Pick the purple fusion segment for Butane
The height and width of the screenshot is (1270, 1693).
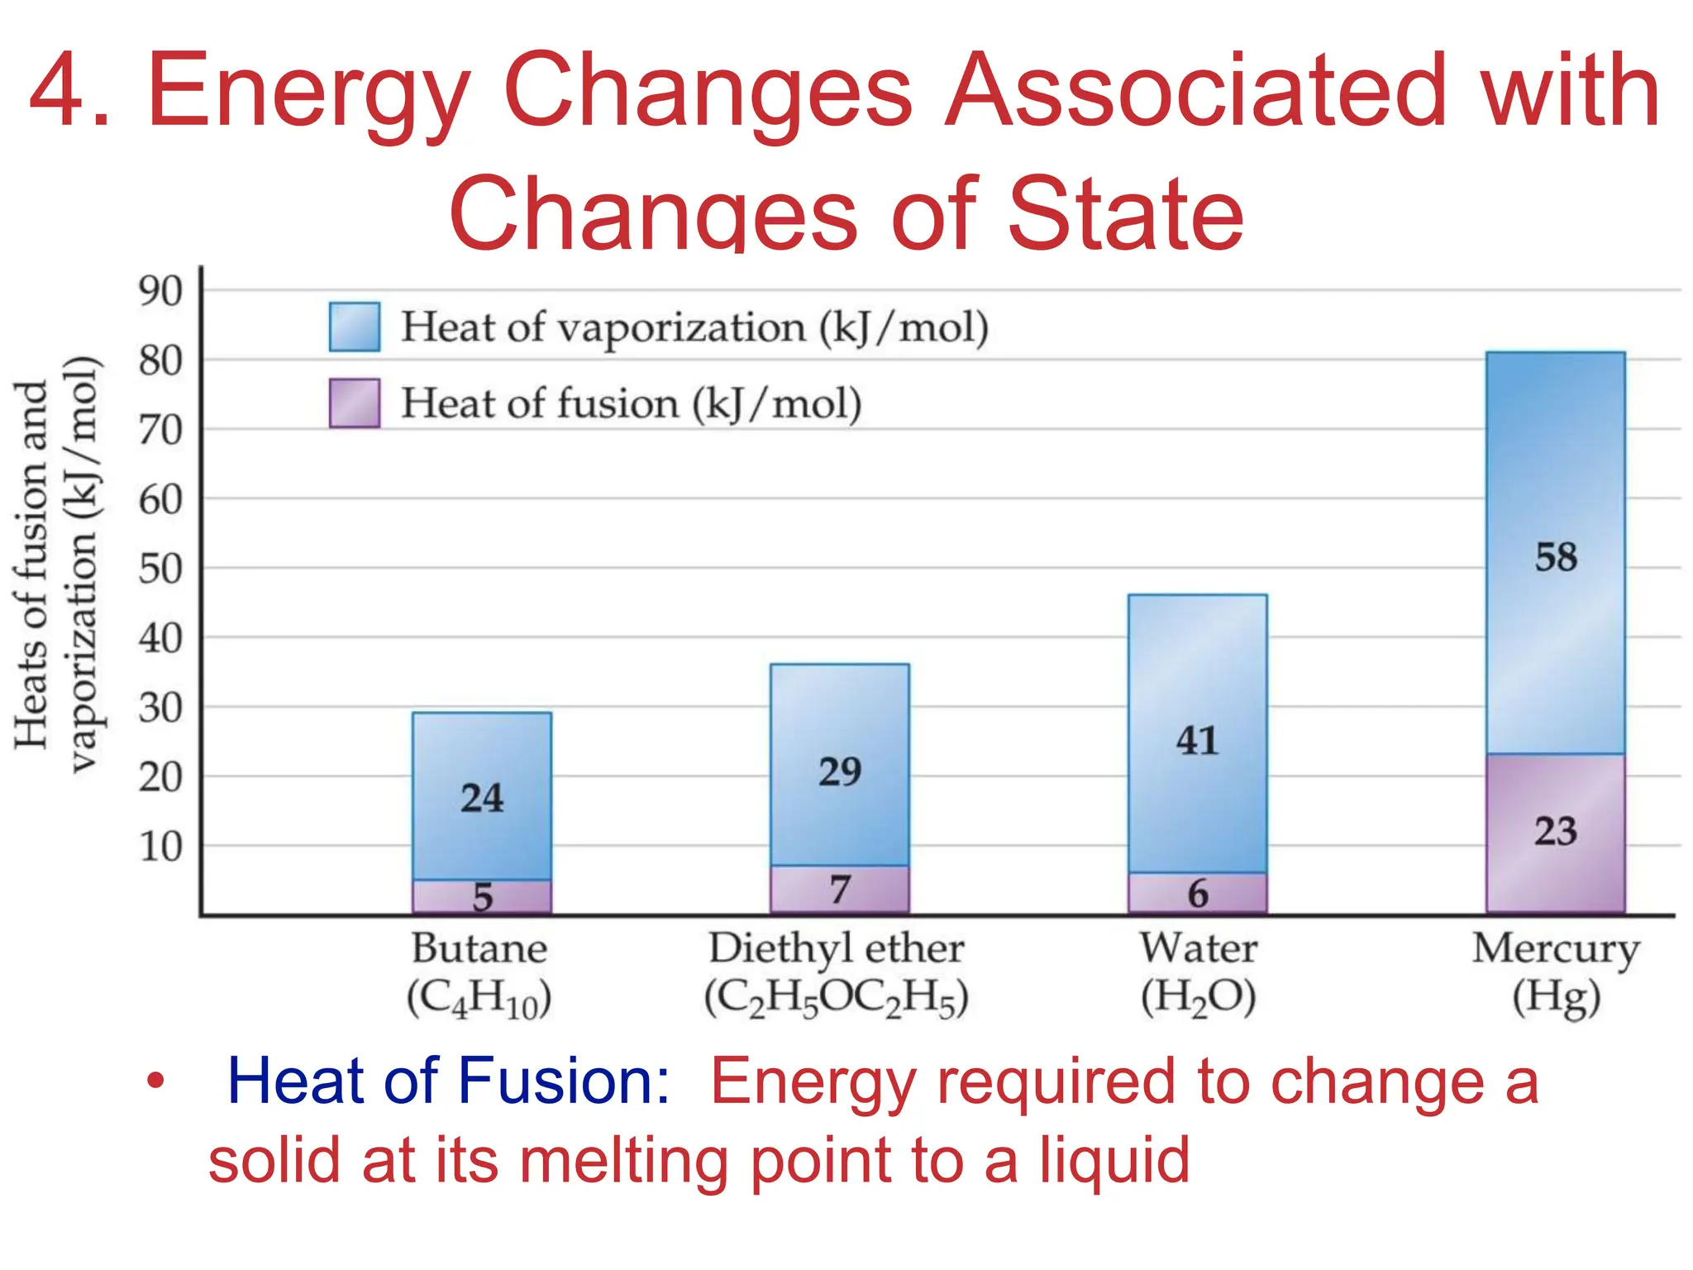pos(482,896)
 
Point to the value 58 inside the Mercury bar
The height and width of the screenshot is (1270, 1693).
pos(1556,557)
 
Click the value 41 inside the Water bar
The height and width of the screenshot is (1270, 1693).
pos(1197,741)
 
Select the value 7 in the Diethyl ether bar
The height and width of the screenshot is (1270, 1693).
pos(840,890)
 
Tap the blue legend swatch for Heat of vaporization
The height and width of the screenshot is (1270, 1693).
pos(355,327)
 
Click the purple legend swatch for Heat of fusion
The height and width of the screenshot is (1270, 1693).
pos(355,403)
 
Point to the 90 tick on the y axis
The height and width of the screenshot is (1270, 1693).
pos(160,291)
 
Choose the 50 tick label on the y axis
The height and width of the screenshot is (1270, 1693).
pos(160,569)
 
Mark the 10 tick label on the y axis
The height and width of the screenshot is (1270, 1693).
pos(160,847)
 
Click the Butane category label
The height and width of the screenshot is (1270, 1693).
pos(479,948)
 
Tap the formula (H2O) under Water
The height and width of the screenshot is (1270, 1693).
pos(1198,998)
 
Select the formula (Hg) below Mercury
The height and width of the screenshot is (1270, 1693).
pos(1556,998)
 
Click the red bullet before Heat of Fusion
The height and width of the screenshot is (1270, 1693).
pos(155,1081)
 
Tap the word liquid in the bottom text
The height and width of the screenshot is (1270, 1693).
pos(1114,1160)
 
